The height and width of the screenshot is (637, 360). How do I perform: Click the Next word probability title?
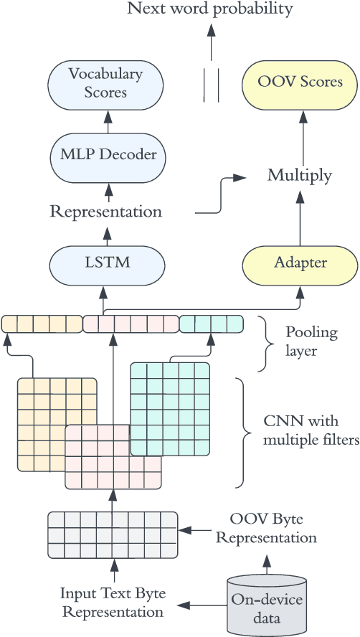pyautogui.click(x=210, y=9)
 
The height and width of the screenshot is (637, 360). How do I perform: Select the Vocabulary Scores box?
pyautogui.click(x=105, y=82)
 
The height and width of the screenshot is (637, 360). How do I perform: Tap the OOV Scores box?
pyautogui.click(x=300, y=82)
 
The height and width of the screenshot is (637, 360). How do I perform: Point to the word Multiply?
pyautogui.click(x=300, y=175)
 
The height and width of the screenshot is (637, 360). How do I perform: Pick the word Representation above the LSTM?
pyautogui.click(x=106, y=212)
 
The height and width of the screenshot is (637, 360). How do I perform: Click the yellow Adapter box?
pyautogui.click(x=300, y=263)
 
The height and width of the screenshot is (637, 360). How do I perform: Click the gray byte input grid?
pyautogui.click(x=113, y=534)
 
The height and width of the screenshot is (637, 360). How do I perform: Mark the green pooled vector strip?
pyautogui.click(x=211, y=324)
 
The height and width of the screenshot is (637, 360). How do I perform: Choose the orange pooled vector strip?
pyautogui.click(x=42, y=324)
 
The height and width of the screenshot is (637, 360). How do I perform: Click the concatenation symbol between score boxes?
pyautogui.click(x=210, y=82)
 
